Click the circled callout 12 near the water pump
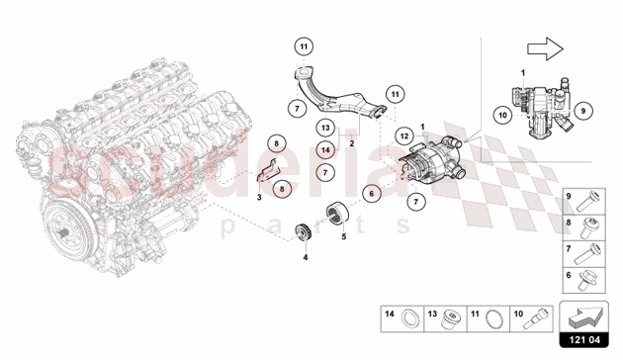tap(405, 135)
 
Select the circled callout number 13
tap(324, 128)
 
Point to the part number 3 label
tap(259, 198)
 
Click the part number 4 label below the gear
tap(306, 258)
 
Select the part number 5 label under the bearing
tap(344, 237)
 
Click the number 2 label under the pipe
tap(350, 142)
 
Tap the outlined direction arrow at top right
tap(545, 45)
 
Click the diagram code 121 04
tap(586, 343)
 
